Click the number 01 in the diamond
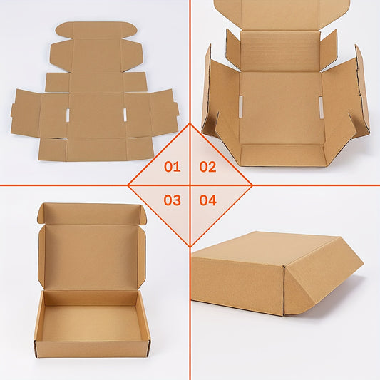(172, 168)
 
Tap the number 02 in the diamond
(207, 168)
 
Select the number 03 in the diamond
(172, 200)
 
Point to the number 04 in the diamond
(207, 200)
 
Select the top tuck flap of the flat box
(95, 31)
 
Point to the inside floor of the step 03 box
(91, 321)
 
